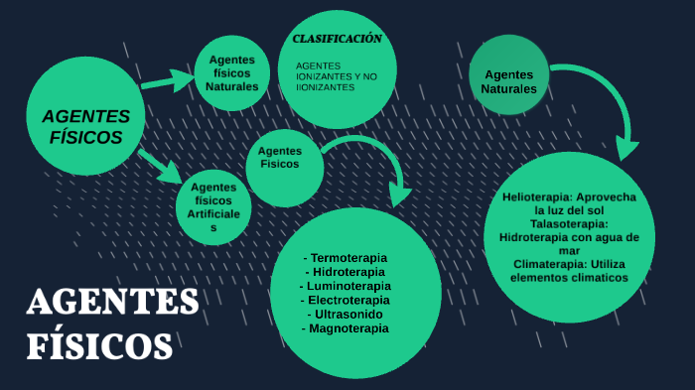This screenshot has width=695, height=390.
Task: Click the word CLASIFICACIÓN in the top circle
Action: click(337, 39)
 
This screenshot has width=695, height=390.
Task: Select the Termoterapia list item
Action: click(348, 258)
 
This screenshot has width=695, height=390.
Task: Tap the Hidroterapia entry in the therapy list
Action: click(348, 272)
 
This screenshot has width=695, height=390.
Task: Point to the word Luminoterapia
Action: click(348, 286)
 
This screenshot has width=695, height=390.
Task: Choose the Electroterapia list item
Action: click(348, 300)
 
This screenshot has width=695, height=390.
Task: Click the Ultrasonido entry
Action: click(348, 314)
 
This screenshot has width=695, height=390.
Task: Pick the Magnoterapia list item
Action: click(348, 327)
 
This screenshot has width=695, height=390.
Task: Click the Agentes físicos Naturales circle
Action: click(232, 72)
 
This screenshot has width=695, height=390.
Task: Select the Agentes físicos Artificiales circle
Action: click(213, 206)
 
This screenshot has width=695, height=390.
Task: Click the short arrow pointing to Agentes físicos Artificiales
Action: click(160, 166)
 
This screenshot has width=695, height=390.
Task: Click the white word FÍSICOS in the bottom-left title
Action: click(98, 345)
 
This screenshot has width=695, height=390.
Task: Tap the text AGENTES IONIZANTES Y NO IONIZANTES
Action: click(337, 76)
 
